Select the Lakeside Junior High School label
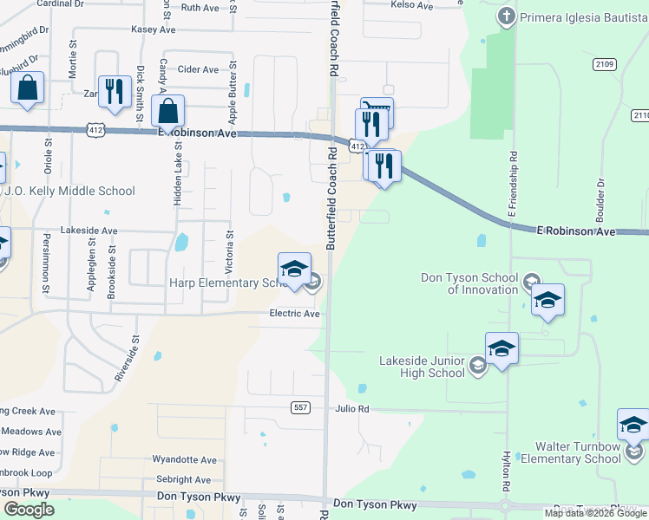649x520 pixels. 423,367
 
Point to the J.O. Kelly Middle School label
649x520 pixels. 69,191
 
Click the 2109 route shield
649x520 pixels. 605,64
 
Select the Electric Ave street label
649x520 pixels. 295,313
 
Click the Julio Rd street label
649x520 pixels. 351,408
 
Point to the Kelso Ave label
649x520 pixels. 412,6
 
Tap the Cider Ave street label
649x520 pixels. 198,69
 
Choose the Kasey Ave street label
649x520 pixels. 154,29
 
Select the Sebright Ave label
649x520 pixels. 183,479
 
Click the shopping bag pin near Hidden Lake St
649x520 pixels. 167,112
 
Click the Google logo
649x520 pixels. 29,510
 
